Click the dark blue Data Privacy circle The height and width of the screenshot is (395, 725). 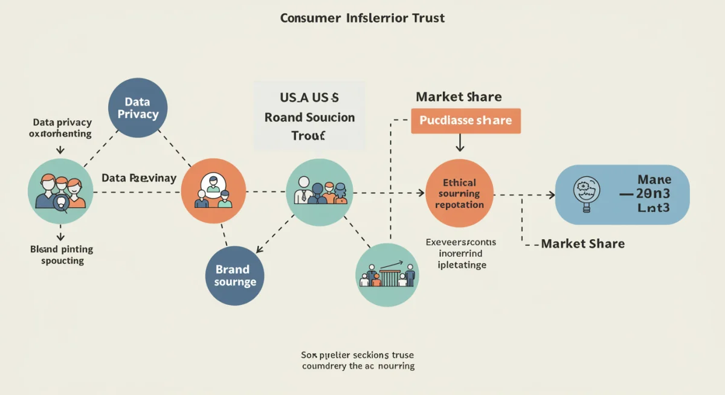pyautogui.click(x=137, y=108)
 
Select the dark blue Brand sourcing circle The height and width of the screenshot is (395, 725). pyautogui.click(x=235, y=275)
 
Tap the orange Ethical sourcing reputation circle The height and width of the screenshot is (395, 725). pyautogui.click(x=459, y=193)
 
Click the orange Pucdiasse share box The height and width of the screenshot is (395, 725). pyautogui.click(x=465, y=121)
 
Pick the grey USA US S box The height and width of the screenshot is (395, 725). pyautogui.click(x=309, y=116)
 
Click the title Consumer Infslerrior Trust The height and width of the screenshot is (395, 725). pyautogui.click(x=362, y=18)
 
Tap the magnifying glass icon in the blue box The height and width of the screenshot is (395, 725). pyautogui.click(x=585, y=193)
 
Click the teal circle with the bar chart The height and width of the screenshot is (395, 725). pyautogui.click(x=387, y=275)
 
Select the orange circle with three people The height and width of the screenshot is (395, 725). pyautogui.click(x=213, y=191)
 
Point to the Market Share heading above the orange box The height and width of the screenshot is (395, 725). pyautogui.click(x=459, y=97)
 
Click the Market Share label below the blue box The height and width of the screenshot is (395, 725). pyautogui.click(x=582, y=244)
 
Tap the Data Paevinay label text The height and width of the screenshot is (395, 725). pyautogui.click(x=139, y=178)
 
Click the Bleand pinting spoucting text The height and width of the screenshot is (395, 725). pyautogui.click(x=62, y=255)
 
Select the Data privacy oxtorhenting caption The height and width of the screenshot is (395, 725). pyautogui.click(x=62, y=128)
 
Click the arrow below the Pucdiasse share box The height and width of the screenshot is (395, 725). pyautogui.click(x=460, y=143)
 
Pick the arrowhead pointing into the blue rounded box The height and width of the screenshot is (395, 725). pyautogui.click(x=550, y=194)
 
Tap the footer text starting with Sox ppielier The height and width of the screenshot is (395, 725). pyautogui.click(x=358, y=361)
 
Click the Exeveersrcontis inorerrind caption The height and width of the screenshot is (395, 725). pyautogui.click(x=461, y=253)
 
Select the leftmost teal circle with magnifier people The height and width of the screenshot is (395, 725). pyautogui.click(x=60, y=191)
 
